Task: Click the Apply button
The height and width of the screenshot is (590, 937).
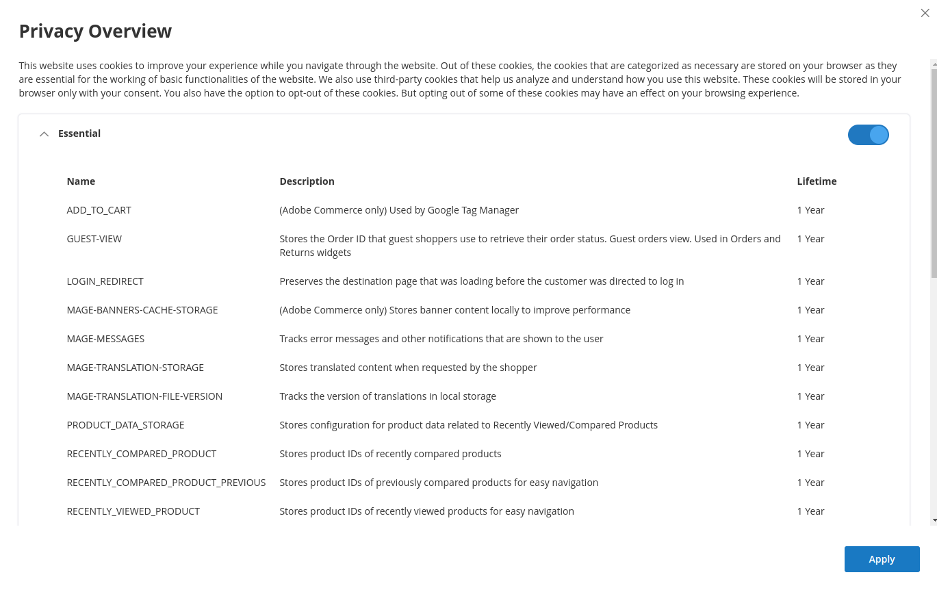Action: coord(882,559)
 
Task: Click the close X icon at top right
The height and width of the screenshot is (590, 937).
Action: coord(925,13)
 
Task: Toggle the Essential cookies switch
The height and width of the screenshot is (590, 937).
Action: coord(868,135)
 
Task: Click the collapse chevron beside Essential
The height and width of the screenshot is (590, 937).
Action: coord(44,134)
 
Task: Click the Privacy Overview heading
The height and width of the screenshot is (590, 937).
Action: coord(95,31)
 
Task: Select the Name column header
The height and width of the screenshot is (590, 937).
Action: coord(81,181)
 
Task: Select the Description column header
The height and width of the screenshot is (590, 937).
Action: coord(307,181)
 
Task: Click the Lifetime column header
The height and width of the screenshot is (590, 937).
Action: coord(817,181)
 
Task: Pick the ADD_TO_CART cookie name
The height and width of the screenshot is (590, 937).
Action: coord(99,210)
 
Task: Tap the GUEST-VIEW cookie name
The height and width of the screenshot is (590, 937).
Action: coord(94,239)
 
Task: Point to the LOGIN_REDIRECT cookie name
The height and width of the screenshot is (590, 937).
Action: coord(105,281)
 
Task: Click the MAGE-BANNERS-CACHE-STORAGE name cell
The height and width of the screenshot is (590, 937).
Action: coord(142,310)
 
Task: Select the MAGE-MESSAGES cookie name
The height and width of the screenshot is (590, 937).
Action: coord(105,339)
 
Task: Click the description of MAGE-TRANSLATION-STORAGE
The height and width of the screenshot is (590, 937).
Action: coord(408,368)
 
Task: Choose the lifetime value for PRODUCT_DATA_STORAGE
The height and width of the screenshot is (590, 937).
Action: coord(810,425)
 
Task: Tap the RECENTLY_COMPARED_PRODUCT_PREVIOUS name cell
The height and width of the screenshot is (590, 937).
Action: coord(166,483)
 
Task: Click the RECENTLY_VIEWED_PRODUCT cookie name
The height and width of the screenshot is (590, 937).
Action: coord(133,511)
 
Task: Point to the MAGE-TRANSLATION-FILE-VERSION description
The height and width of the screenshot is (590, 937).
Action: coord(387,396)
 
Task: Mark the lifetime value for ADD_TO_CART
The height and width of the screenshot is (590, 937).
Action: coord(810,210)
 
